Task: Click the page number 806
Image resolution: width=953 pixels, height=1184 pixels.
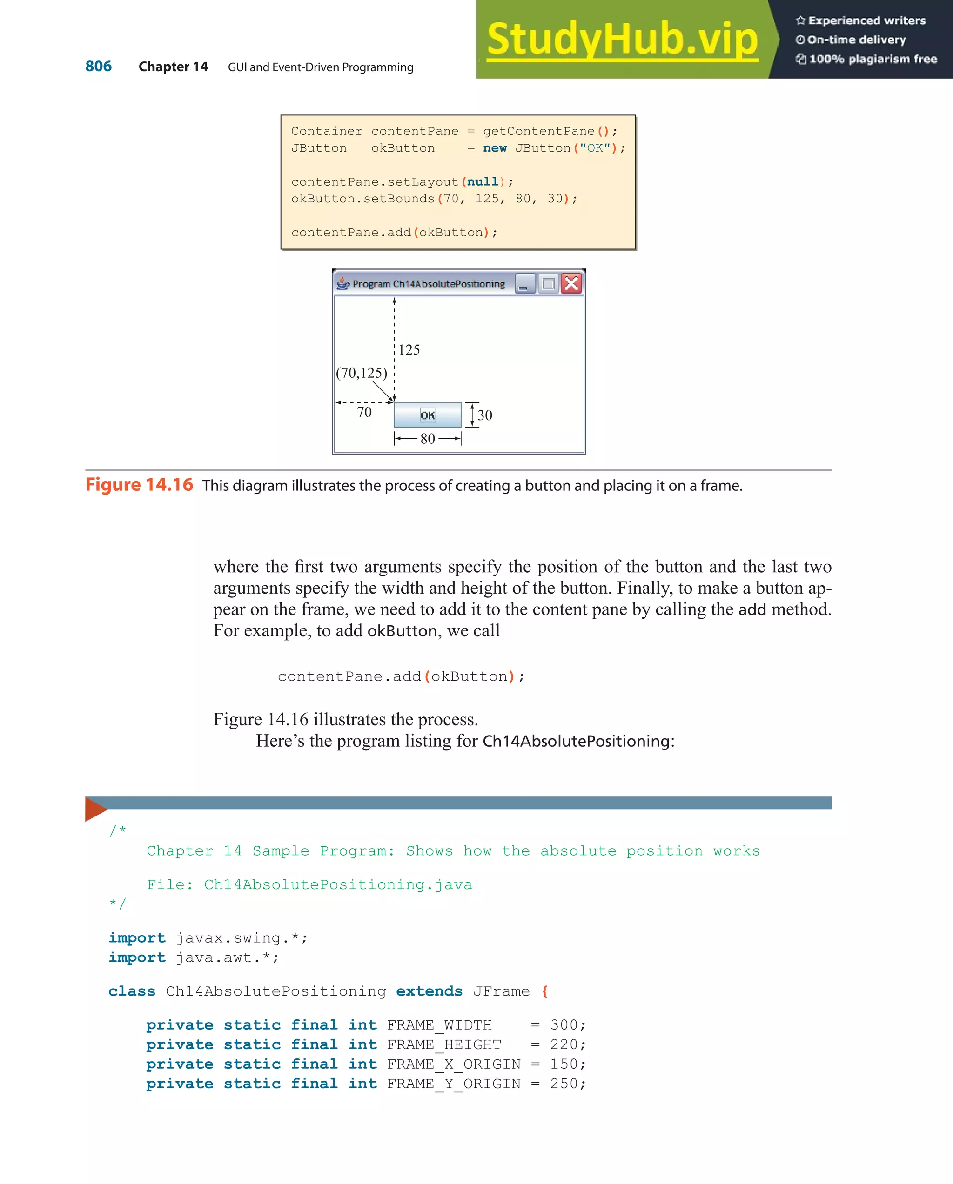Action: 98,67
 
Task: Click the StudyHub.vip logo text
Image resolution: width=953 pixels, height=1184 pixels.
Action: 622,40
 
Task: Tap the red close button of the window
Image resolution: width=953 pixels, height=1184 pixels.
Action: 571,283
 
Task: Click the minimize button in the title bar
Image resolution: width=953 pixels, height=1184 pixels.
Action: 524,284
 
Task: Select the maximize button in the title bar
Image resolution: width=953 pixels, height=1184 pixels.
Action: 548,284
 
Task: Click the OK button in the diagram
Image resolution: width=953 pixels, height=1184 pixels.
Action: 427,415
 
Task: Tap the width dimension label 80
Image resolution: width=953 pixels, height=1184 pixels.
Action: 427,439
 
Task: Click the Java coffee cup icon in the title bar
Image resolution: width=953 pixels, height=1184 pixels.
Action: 343,283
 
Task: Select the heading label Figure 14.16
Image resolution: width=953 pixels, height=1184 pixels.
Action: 139,485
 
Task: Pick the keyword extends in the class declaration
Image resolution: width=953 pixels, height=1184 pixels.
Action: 429,991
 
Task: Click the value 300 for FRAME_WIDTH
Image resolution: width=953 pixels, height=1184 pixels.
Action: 564,1025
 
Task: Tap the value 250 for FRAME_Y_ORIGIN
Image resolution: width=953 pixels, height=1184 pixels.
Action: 564,1084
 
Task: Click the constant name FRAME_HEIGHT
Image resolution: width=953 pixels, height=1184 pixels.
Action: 444,1044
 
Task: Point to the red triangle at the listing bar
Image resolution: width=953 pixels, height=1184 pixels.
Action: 94,809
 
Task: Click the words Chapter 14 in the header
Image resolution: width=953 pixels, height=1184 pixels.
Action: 173,67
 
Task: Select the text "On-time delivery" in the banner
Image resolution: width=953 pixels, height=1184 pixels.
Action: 856,40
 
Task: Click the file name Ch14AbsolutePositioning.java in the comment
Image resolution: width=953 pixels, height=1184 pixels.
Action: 337,885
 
